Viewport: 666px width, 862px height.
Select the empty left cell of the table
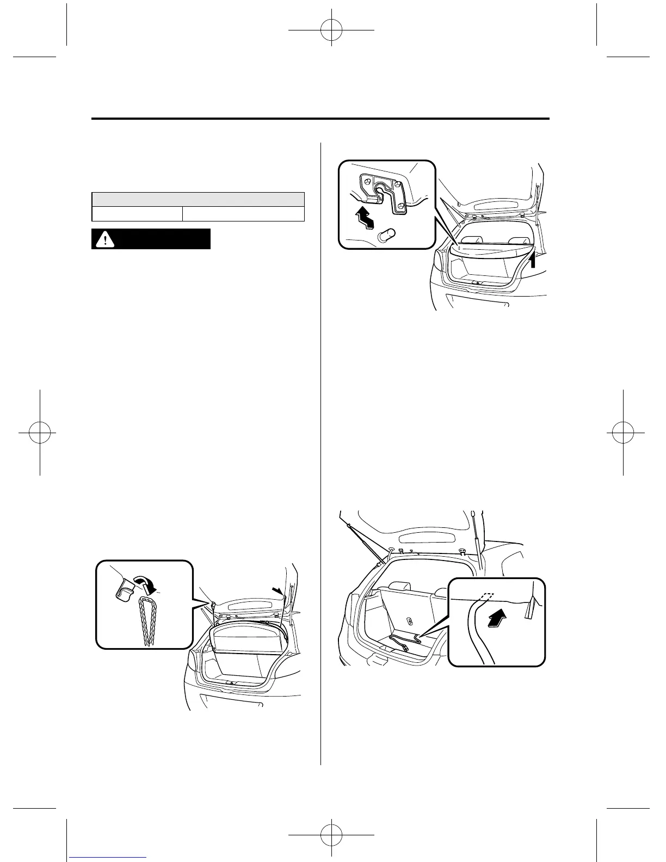pos(136,213)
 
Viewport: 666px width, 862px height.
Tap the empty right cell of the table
pos(243,213)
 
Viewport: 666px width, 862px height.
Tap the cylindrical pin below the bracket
pos(386,235)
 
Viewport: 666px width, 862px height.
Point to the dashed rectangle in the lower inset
pos(487,595)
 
